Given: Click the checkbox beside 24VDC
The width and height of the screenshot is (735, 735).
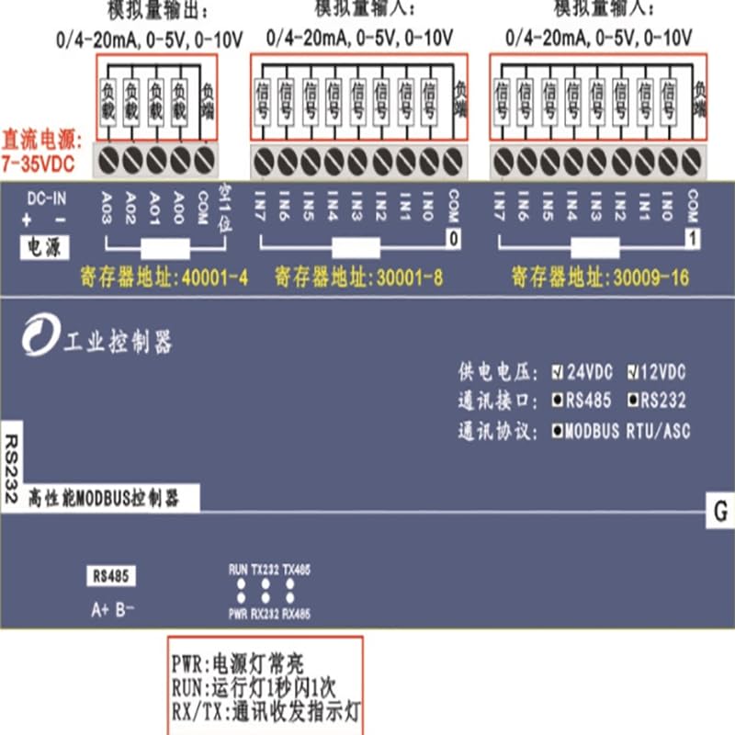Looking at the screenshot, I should pos(557,373).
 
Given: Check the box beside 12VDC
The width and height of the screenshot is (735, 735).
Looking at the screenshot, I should pos(633,373).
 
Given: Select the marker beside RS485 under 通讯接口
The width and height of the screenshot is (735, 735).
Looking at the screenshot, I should pos(557,401).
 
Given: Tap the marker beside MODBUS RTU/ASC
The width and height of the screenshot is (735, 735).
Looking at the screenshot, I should pos(557,431).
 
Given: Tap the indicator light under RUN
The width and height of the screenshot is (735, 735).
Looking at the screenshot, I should pos(239,583).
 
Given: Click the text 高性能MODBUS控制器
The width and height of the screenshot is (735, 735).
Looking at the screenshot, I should pos(103,499).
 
